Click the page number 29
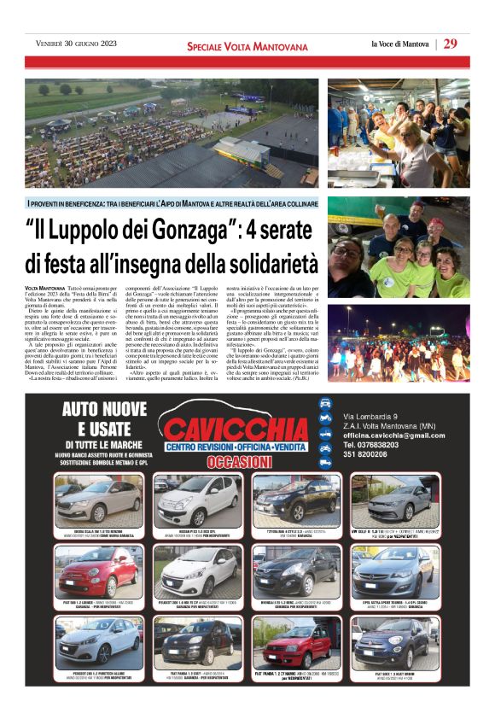coord(451,44)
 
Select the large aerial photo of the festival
coord(172,132)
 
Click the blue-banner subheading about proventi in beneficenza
coord(172,204)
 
